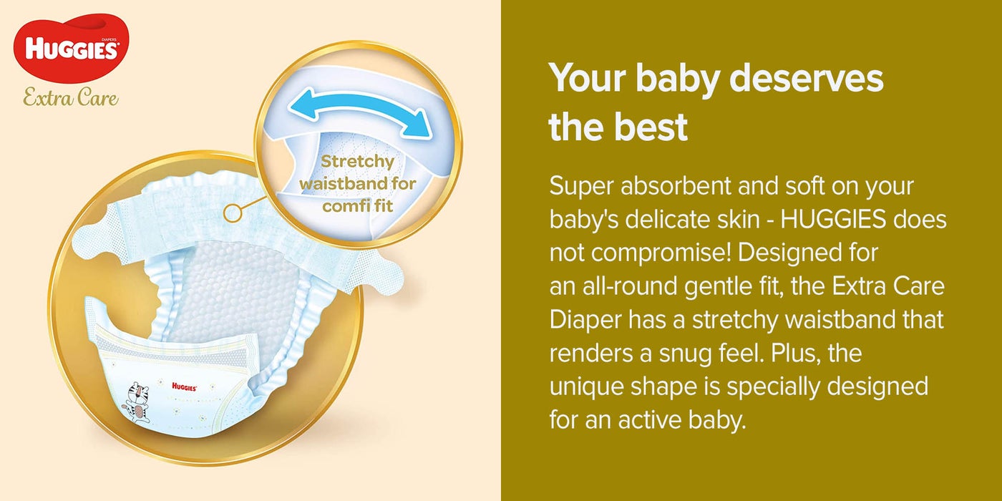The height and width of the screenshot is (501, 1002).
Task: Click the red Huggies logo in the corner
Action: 71,49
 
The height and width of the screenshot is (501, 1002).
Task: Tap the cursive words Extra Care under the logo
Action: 71,97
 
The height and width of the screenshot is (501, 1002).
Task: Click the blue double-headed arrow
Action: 360,112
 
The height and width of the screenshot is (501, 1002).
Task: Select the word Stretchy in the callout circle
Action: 357,161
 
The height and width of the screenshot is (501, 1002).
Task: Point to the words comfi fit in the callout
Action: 357,206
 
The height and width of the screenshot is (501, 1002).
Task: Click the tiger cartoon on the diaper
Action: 139,402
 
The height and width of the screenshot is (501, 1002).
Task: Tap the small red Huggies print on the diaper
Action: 185,387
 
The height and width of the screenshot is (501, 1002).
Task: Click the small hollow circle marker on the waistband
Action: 233,213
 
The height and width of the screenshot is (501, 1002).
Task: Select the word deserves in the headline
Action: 806,78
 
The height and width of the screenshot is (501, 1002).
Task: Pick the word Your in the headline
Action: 588,78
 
